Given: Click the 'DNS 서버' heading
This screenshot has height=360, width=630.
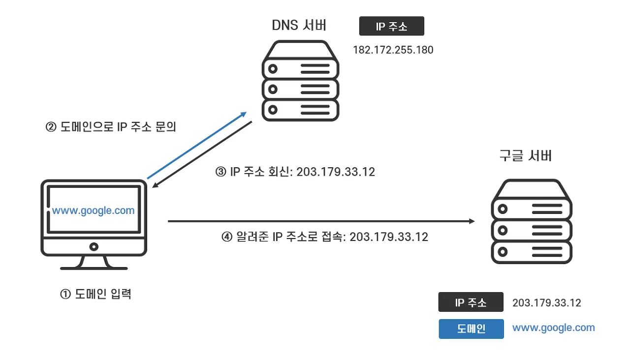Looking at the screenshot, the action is tap(299, 25).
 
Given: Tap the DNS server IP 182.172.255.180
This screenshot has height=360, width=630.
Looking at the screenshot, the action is tap(393, 50).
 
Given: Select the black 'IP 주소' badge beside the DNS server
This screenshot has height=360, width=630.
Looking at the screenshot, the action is tap(391, 26).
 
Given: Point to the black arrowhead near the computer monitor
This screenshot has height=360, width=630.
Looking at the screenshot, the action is tap(155, 185).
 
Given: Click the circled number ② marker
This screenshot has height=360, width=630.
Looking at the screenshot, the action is tap(51, 127).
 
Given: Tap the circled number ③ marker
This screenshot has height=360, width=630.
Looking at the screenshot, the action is tap(221, 172).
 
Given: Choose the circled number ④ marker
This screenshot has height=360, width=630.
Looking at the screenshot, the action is tap(227, 237).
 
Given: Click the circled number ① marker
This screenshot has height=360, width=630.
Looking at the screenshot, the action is tap(65, 294).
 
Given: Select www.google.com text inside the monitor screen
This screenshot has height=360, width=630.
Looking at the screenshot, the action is tap(94, 210).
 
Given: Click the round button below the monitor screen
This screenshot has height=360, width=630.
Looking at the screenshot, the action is tap(94, 247).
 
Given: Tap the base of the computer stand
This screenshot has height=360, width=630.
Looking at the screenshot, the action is tap(94, 269).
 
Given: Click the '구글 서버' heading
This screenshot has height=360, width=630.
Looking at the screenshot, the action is tap(525, 156).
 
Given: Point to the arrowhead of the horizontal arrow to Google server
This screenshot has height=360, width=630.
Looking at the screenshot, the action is tap(472, 221).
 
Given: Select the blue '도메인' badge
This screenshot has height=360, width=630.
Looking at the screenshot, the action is tap(472, 329).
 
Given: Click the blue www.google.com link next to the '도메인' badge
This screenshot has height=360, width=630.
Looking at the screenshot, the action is tap(554, 328).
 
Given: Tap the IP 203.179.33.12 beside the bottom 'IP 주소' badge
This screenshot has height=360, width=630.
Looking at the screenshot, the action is tap(547, 302).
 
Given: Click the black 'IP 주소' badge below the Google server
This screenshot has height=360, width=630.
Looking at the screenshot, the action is tap(471, 302).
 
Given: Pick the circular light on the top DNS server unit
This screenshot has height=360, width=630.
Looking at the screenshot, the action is tap(273, 69).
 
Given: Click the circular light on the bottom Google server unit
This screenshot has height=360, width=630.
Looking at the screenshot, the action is tap(503, 252).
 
